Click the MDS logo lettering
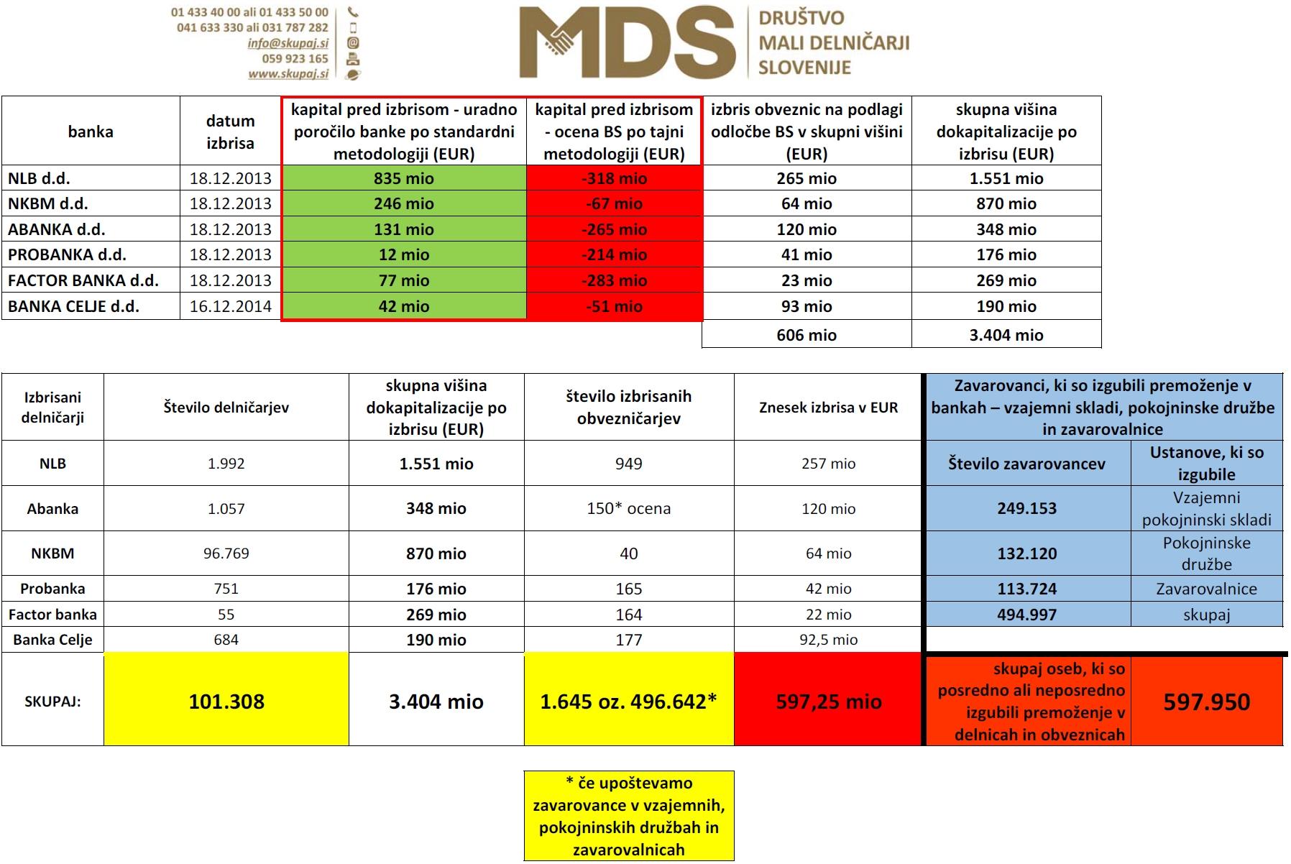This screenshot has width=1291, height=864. (x=627, y=43)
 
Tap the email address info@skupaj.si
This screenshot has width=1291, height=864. (x=288, y=43)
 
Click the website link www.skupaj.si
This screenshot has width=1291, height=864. (x=288, y=73)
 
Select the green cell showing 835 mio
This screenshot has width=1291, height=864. (x=404, y=178)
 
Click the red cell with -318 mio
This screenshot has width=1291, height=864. (x=614, y=178)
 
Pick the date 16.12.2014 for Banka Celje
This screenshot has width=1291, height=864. (x=230, y=306)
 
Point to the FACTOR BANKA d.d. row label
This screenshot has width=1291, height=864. (x=83, y=280)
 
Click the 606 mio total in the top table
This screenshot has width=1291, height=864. (x=807, y=335)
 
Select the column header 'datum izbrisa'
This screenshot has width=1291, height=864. (x=230, y=132)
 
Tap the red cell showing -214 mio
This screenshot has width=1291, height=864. (x=614, y=254)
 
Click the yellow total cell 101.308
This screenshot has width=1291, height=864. (x=226, y=702)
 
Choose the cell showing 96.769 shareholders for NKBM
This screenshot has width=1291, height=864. (x=226, y=553)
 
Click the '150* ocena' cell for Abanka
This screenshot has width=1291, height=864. (x=629, y=508)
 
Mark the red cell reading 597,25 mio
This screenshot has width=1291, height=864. (x=828, y=702)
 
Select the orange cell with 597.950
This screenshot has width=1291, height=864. (x=1206, y=702)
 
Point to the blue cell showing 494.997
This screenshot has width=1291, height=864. (x=1026, y=615)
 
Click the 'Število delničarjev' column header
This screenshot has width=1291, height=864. (x=226, y=408)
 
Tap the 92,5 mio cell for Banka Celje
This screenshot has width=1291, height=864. (x=828, y=640)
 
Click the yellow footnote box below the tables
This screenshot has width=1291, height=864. (x=629, y=816)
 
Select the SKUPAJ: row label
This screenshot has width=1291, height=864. (x=52, y=702)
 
